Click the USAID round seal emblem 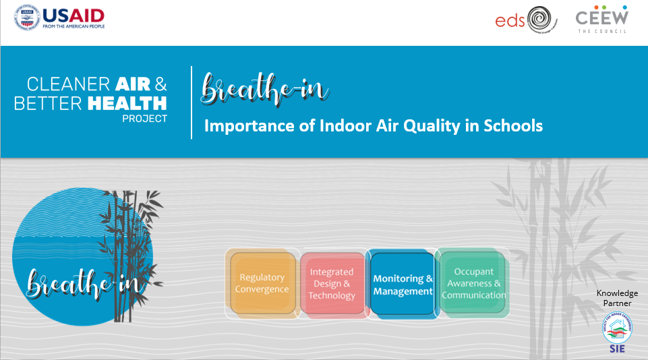28,18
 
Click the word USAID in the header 73,14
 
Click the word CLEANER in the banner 67,84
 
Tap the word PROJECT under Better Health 144,118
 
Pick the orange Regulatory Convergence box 262,283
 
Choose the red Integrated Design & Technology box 332,284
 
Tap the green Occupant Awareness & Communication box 473,283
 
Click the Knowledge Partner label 617,297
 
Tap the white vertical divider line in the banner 192,102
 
